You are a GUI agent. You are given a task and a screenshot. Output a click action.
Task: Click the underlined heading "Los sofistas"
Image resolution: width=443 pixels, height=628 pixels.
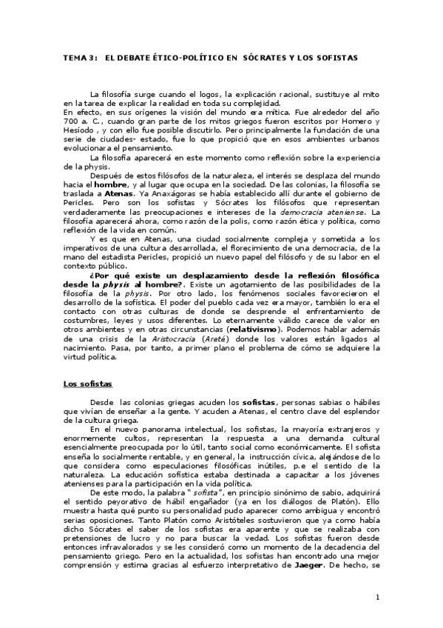pos(87,384)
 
